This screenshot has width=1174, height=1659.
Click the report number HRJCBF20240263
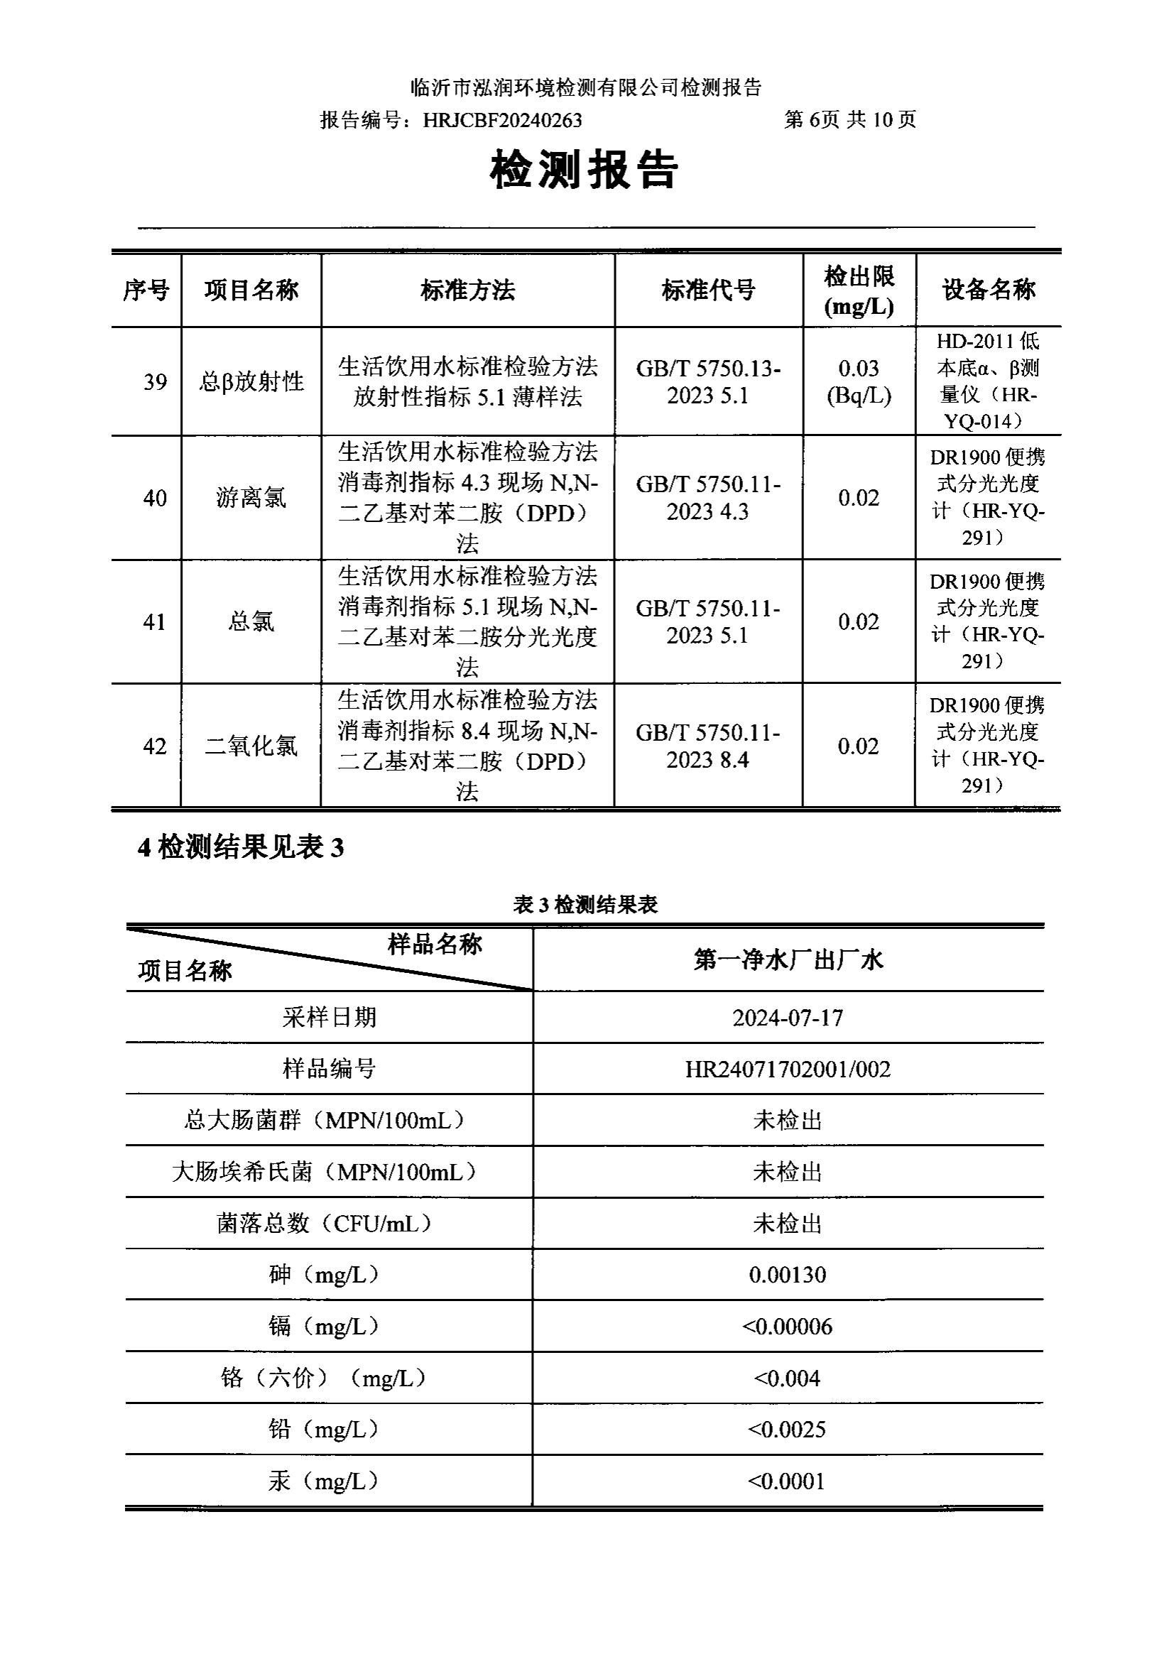(502, 120)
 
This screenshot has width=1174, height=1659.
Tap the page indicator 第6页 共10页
(849, 119)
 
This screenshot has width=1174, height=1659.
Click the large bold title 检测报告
(585, 171)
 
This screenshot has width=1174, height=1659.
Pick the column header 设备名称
(987, 290)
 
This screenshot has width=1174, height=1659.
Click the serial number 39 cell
(155, 381)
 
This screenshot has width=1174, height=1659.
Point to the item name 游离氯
(251, 497)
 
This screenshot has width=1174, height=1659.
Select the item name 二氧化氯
(251, 745)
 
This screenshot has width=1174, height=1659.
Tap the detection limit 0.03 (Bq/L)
(859, 381)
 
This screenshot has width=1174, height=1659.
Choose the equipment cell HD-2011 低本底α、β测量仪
(987, 381)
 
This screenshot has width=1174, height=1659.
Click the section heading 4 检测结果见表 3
(241, 847)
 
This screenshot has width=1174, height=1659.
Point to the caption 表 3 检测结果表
(585, 904)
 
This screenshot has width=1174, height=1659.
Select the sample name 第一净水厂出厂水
(788, 960)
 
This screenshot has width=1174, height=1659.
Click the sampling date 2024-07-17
(788, 1018)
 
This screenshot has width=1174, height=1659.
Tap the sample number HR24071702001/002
(788, 1069)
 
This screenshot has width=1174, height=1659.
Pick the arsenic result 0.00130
(788, 1274)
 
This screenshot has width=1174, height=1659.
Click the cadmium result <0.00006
(788, 1327)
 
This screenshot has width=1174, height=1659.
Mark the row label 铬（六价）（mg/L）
(323, 1378)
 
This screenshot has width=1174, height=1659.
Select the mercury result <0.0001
(788, 1481)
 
